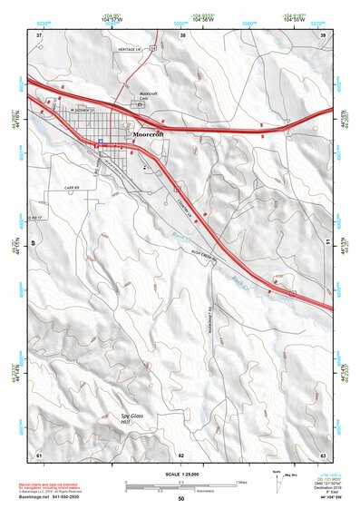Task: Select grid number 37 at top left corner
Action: [38, 34]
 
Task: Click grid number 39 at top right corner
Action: [324, 34]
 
